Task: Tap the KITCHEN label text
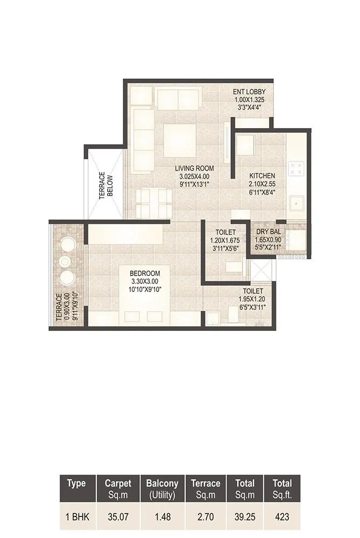coord(262,176)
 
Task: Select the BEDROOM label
coord(146,274)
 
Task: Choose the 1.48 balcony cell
coord(162,517)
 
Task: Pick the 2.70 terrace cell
coord(206,517)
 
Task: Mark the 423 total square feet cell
coord(282,517)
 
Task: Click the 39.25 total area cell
coord(244,517)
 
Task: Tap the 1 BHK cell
coord(76,517)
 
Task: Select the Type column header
coord(76,483)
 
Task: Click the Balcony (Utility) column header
coord(162,488)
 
